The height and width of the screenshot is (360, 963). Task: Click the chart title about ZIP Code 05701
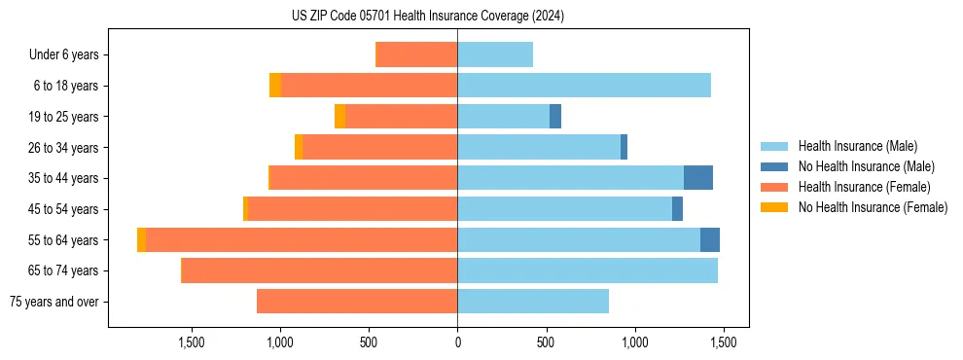click(x=427, y=16)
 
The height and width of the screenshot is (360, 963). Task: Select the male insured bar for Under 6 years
click(x=495, y=54)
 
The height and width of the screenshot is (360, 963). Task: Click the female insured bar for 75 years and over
click(x=357, y=302)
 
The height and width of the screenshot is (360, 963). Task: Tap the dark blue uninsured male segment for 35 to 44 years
click(x=698, y=178)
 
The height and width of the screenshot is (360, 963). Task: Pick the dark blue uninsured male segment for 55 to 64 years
click(x=710, y=239)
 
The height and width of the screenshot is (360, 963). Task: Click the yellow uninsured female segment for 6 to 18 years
click(x=275, y=86)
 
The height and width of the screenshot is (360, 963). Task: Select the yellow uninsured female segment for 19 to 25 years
click(x=339, y=117)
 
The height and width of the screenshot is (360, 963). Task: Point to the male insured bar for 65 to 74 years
click(x=588, y=270)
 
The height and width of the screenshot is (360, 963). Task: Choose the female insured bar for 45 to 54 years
click(x=352, y=209)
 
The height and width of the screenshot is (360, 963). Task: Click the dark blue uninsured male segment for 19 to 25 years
click(x=555, y=117)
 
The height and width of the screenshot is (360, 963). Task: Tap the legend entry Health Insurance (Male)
click(x=857, y=146)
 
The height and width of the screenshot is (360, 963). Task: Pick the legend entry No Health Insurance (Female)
click(x=873, y=207)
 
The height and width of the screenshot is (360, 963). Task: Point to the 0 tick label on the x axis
click(x=457, y=342)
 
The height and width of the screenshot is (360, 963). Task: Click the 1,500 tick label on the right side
click(x=723, y=342)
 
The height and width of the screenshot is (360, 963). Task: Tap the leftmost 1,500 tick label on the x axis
click(x=192, y=342)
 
